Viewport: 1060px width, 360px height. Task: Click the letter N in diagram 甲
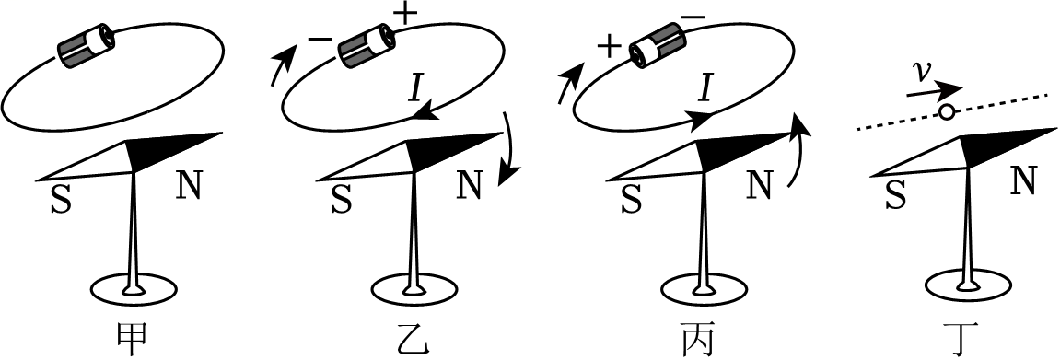tap(189, 187)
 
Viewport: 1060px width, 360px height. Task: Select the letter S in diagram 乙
tap(341, 199)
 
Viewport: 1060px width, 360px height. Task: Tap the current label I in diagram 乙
tap(415, 87)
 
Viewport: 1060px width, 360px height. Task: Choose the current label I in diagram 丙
tap(705, 87)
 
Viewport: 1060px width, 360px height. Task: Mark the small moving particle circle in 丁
tap(946, 112)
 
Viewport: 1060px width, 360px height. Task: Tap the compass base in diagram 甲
tap(134, 288)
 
